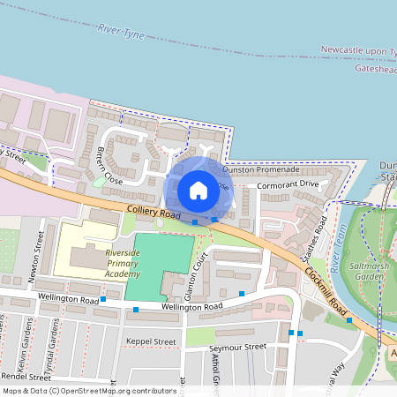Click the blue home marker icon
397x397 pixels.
198,190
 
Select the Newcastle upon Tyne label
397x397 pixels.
358,50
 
